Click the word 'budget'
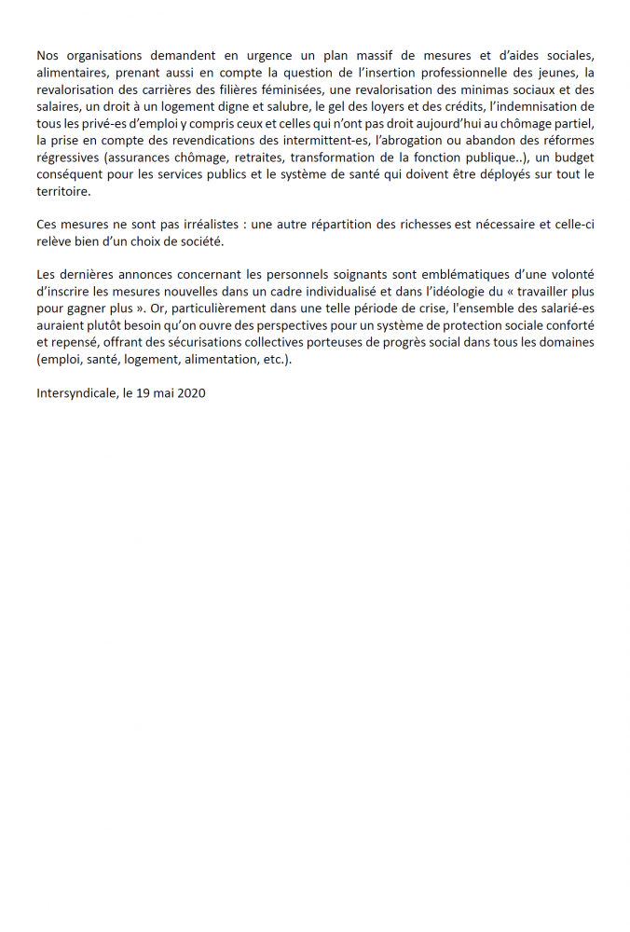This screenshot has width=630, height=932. (568, 158)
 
